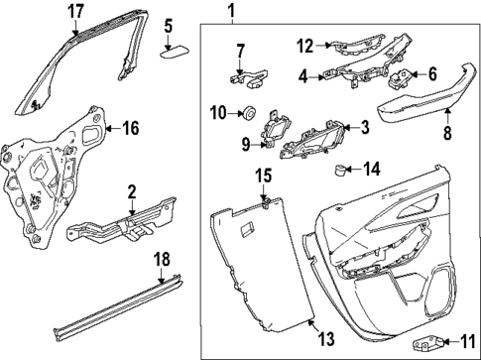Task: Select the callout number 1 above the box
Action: click(231, 12)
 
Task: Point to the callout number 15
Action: click(264, 176)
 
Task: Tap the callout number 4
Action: click(304, 72)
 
